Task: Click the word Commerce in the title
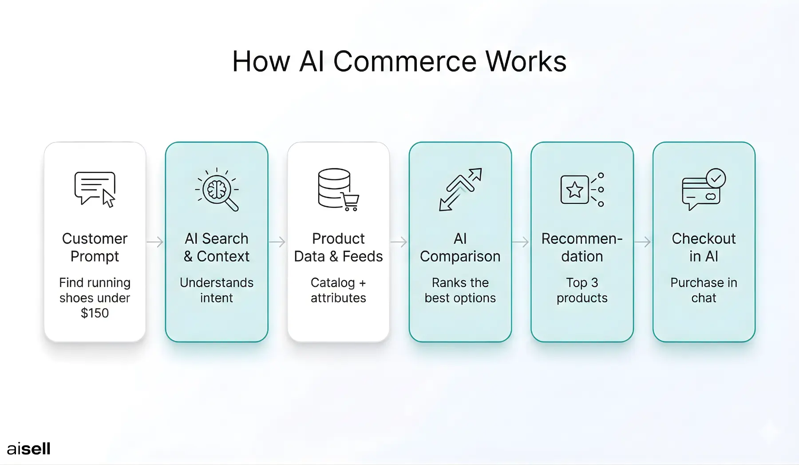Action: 405,61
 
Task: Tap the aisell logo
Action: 29,449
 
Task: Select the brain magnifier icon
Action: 217,190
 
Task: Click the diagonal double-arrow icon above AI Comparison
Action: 460,190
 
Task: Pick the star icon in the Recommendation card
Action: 575,190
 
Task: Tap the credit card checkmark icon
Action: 704,190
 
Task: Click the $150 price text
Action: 95,313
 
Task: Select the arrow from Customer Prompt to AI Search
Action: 155,242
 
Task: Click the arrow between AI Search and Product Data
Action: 277,242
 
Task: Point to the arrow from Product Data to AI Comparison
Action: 399,242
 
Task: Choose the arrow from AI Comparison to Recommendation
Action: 521,242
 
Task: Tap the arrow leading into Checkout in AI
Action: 643,242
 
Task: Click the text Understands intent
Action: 217,290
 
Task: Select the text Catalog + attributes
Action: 338,290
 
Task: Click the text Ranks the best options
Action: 460,290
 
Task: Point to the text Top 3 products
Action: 582,290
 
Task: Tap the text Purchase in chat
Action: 704,290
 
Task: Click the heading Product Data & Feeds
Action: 338,247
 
